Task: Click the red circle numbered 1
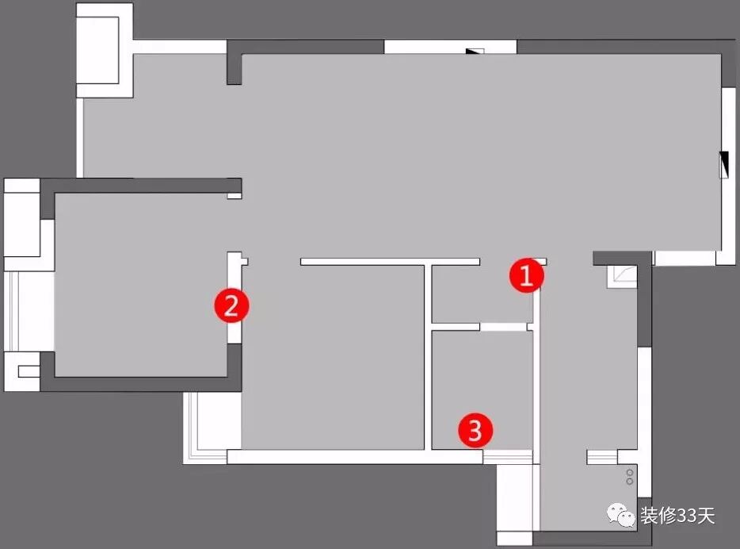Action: (526, 276)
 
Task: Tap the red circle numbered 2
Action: (231, 305)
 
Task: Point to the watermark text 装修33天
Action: (677, 516)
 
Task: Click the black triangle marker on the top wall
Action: (475, 52)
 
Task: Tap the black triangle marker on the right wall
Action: (723, 164)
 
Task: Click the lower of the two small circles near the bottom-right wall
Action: (630, 481)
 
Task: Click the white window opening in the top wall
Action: (449, 47)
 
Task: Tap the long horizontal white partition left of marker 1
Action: (390, 261)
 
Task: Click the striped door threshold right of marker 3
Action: (508, 455)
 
